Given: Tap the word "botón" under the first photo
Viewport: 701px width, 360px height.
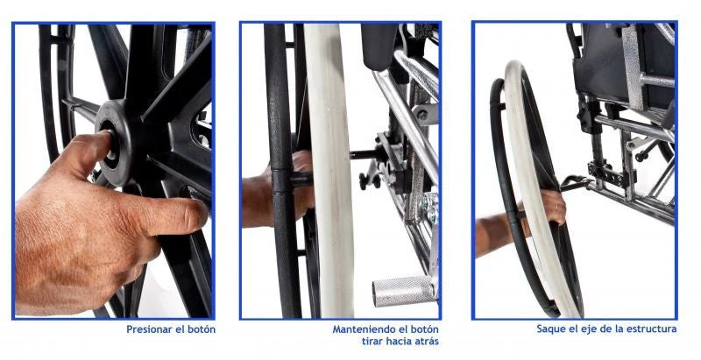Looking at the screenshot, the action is pos(202,329).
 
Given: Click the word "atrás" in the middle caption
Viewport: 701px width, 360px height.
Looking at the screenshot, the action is pos(425,342).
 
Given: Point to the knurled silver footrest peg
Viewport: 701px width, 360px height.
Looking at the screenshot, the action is pos(403,291).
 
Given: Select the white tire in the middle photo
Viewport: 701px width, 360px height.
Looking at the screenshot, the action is pos(329,170).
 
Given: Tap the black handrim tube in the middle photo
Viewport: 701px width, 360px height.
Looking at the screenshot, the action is pos(281,170).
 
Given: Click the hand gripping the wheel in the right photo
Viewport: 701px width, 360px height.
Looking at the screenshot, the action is pos(553,207).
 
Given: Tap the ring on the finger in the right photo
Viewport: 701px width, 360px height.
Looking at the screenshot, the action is pos(557,207).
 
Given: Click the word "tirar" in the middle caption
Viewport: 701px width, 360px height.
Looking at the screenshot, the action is pos(372,342).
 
